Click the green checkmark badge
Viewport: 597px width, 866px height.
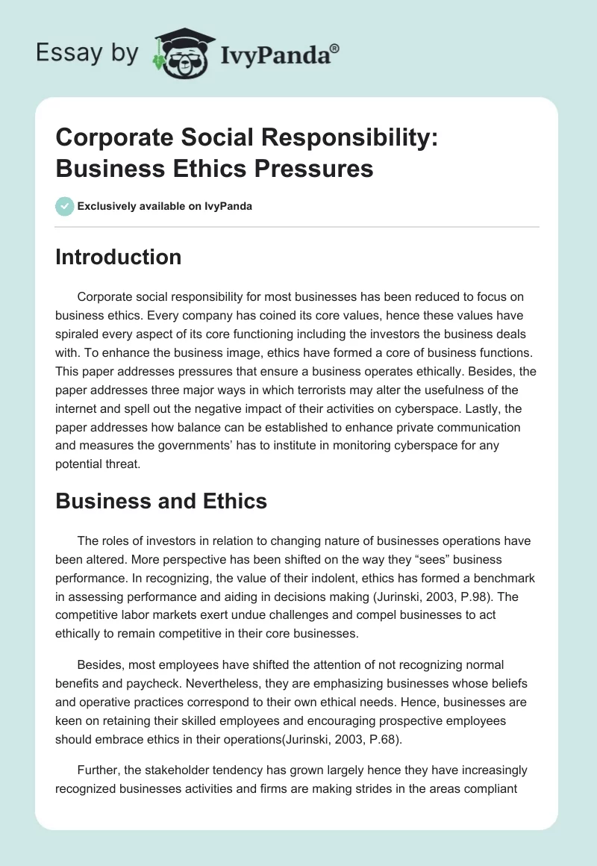pyautogui.click(x=65, y=206)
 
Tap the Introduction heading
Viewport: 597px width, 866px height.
pyautogui.click(x=118, y=257)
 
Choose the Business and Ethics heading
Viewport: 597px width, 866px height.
pyautogui.click(x=160, y=501)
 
